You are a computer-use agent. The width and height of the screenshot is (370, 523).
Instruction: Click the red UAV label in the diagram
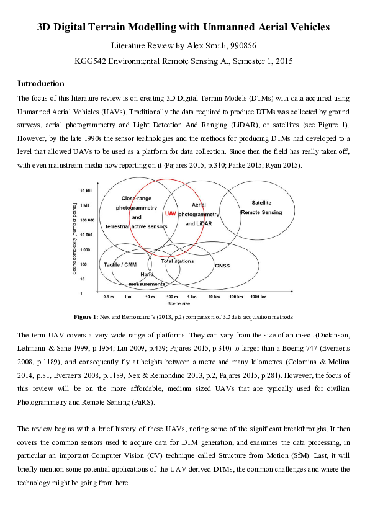tap(171, 213)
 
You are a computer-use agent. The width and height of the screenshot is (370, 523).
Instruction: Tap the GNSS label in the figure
tap(222, 266)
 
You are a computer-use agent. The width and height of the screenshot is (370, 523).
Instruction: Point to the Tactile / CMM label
tap(120, 264)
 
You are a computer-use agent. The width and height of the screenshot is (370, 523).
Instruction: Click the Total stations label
tap(177, 261)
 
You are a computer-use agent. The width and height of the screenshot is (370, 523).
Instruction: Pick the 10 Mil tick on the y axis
tap(86, 190)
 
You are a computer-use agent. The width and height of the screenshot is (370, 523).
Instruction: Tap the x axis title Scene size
tap(178, 304)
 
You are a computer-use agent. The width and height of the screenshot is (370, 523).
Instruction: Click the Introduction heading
tap(40, 83)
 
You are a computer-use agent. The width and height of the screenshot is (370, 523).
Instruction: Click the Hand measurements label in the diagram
tap(147, 279)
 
